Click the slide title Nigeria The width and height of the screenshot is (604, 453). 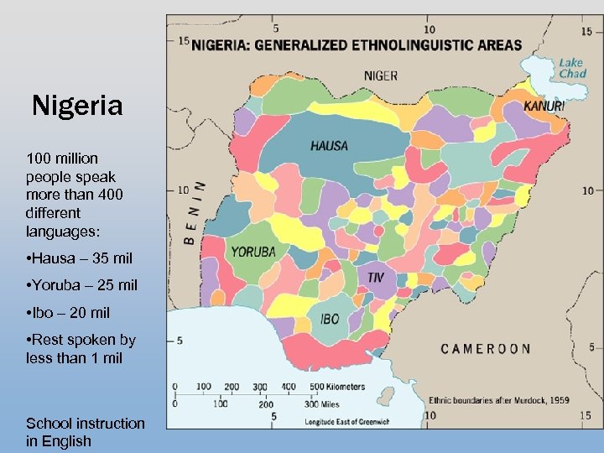point(77,107)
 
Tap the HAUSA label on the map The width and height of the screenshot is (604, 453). point(329,146)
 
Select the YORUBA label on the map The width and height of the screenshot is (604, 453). point(253,251)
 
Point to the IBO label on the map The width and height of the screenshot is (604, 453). point(330,319)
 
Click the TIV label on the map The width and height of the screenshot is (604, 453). point(376,276)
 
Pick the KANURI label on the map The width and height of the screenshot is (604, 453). point(544,107)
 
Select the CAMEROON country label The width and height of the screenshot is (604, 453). point(486,349)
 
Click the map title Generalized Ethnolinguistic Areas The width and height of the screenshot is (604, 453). point(357,45)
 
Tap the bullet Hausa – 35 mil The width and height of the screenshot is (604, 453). point(79,258)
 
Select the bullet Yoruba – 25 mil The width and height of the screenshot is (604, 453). point(81,285)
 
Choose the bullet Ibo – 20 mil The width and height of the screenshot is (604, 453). point(68,313)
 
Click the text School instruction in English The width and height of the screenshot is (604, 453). point(85,432)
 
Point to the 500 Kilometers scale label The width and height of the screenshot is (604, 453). point(337,387)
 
